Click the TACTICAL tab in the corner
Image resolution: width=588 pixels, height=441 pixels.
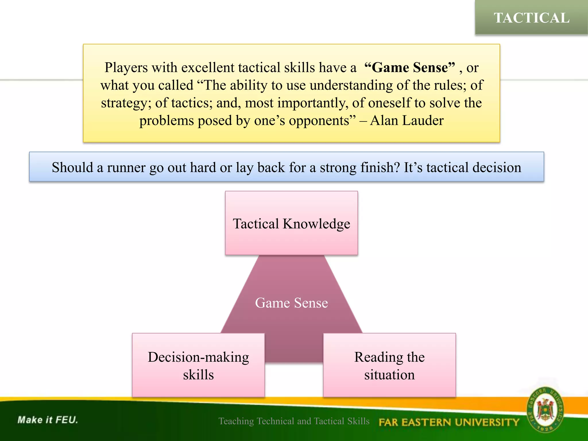point(531,18)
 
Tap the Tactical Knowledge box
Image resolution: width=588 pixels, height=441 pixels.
point(291,223)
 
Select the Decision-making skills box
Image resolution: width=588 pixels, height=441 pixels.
point(198,365)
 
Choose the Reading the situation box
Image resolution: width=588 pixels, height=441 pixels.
point(389,365)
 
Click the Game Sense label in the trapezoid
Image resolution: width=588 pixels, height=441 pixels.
point(291,303)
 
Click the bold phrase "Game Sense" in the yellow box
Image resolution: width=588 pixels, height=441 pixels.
point(409,67)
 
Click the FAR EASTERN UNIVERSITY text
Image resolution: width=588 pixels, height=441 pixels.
point(449,422)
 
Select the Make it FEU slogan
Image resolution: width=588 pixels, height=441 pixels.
point(48,420)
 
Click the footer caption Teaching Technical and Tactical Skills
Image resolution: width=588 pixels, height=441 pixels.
point(294,421)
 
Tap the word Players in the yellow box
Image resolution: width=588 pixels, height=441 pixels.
point(126,67)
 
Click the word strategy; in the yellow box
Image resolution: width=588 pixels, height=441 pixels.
point(126,103)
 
